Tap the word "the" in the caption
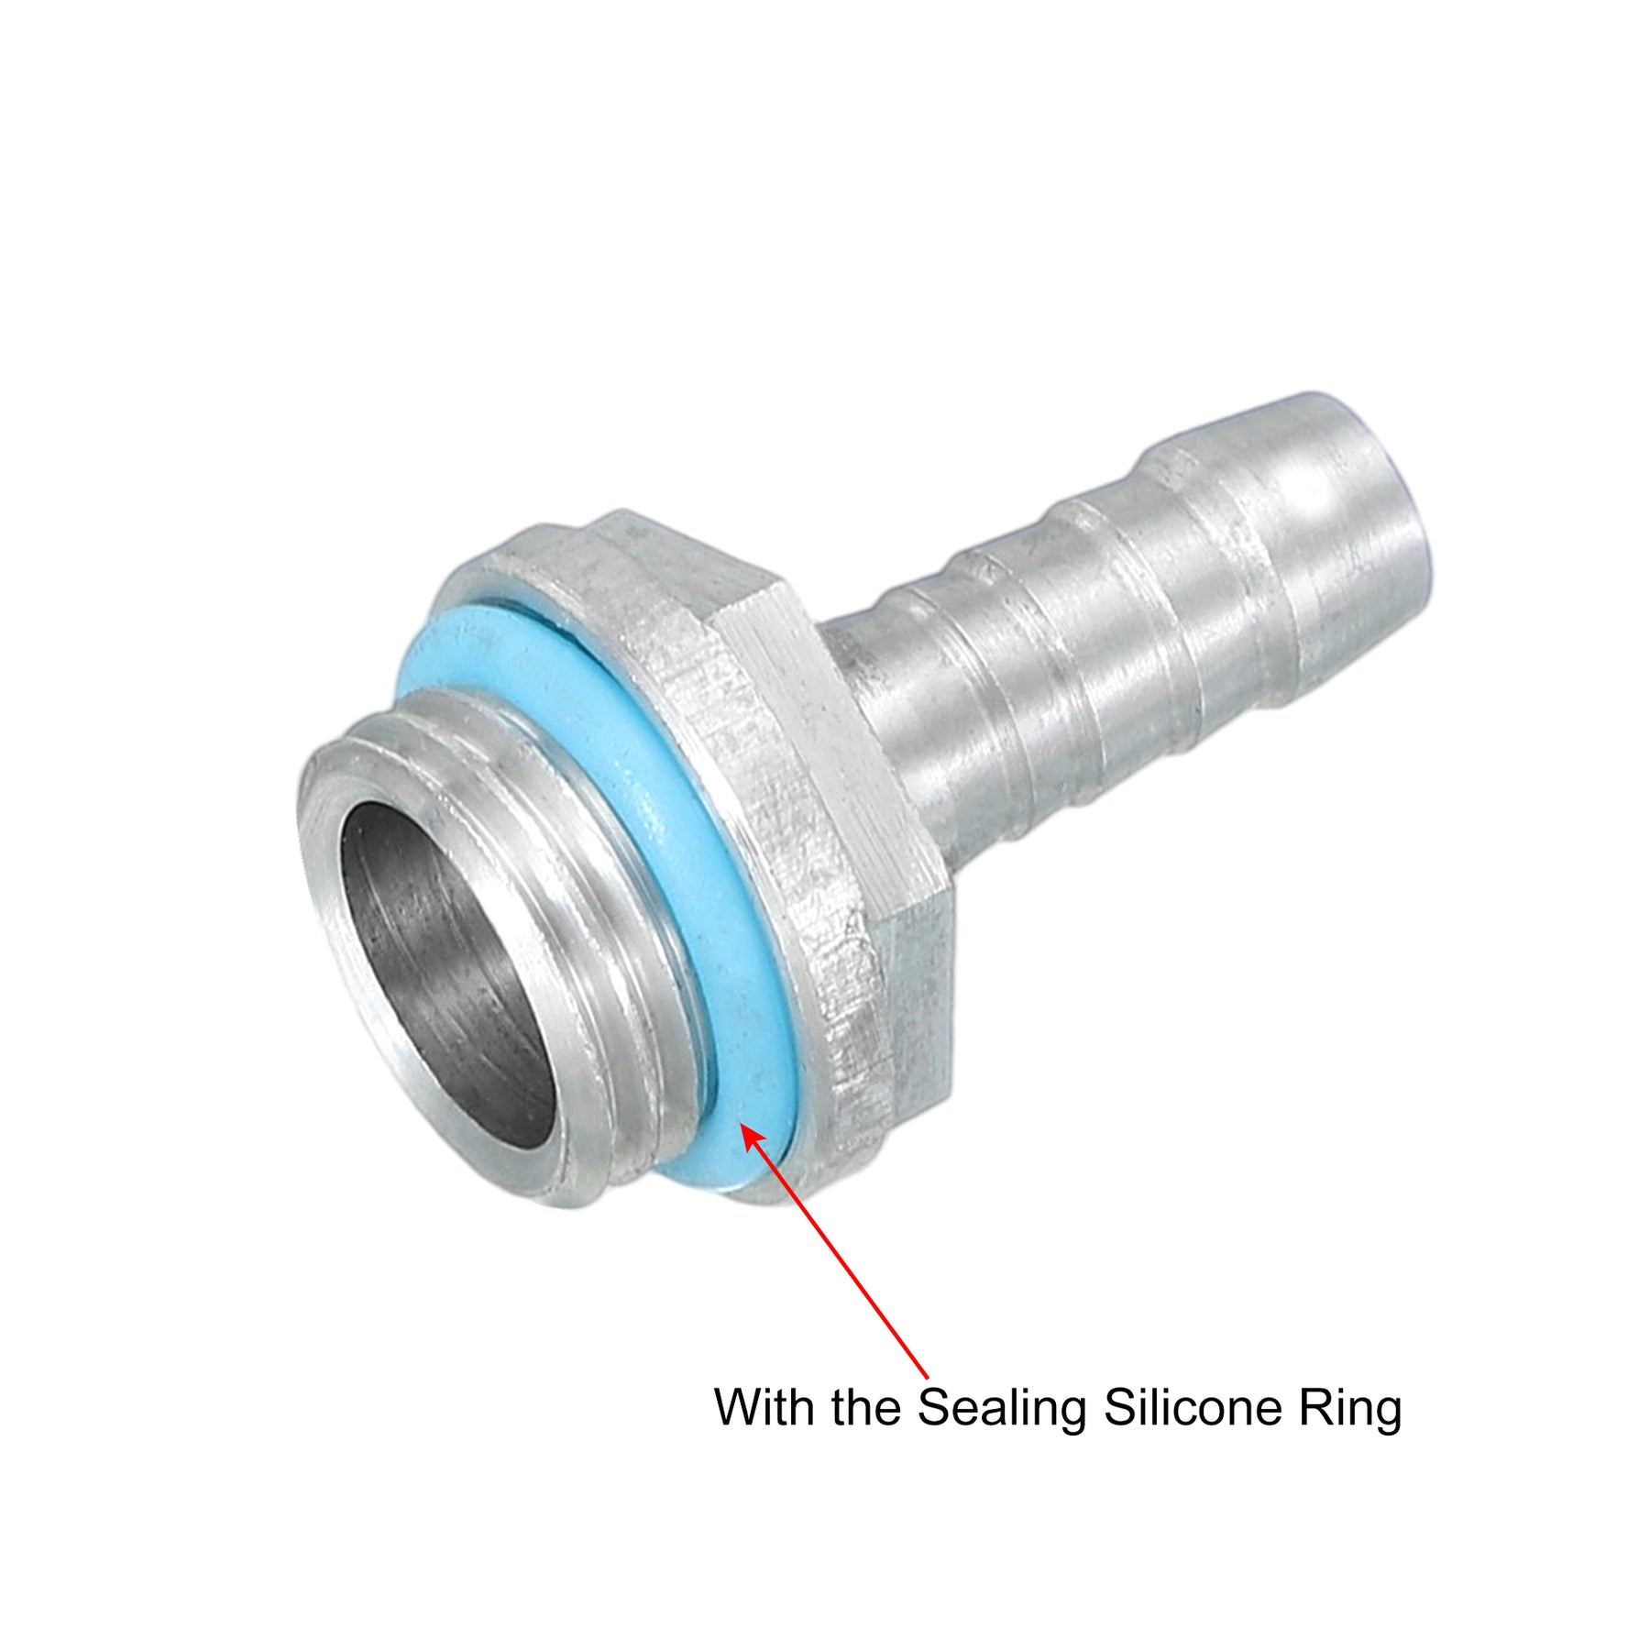click(x=867, y=1406)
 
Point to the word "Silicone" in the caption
click(x=1193, y=1406)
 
